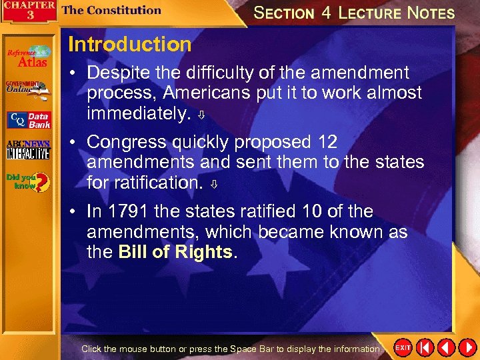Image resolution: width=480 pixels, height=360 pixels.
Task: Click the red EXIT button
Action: (x=403, y=347)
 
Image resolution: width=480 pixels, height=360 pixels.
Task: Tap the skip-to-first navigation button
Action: (x=425, y=347)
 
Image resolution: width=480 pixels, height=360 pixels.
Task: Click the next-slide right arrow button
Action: (x=467, y=347)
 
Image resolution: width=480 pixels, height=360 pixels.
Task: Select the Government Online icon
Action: (x=27, y=89)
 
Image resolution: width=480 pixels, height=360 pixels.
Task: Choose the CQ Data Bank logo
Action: (x=29, y=120)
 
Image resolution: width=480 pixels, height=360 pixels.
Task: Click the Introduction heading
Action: (x=129, y=45)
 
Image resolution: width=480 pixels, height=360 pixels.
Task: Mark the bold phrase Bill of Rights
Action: (x=175, y=253)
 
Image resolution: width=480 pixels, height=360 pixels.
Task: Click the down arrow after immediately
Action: (x=203, y=115)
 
